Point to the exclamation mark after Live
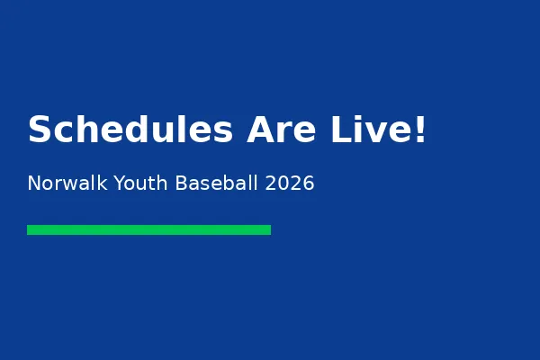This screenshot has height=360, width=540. pos(418,130)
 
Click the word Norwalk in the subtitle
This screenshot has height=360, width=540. pos(64,184)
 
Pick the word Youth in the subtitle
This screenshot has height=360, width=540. pos(138,184)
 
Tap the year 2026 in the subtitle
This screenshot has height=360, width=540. pos(290,184)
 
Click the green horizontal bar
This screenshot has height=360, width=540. pos(148,229)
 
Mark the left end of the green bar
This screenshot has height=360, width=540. pos(30,229)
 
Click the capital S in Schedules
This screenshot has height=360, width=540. pos(40,130)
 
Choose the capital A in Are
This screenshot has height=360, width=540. pos(261,130)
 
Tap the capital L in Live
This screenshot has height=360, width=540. pos(340,130)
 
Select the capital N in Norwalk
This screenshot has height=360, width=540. pos(34,184)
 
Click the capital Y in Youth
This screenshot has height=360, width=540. pos(113,184)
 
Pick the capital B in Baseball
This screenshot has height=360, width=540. pos(181,184)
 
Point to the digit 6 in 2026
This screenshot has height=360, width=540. pos(309,184)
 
